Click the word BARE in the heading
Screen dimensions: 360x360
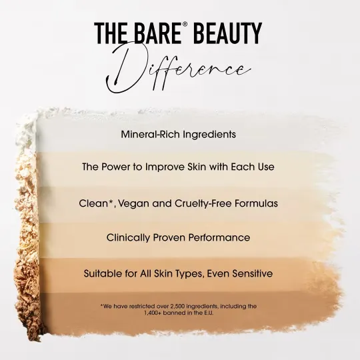pyautogui.click(x=158, y=33)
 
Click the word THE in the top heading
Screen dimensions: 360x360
pyautogui.click(x=111, y=33)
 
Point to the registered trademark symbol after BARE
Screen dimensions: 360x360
pyautogui.click(x=185, y=25)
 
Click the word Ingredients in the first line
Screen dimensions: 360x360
pyautogui.click(x=209, y=135)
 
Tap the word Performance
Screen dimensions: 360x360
pyautogui.click(x=219, y=237)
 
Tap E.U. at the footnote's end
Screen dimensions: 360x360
pyautogui.click(x=209, y=313)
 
